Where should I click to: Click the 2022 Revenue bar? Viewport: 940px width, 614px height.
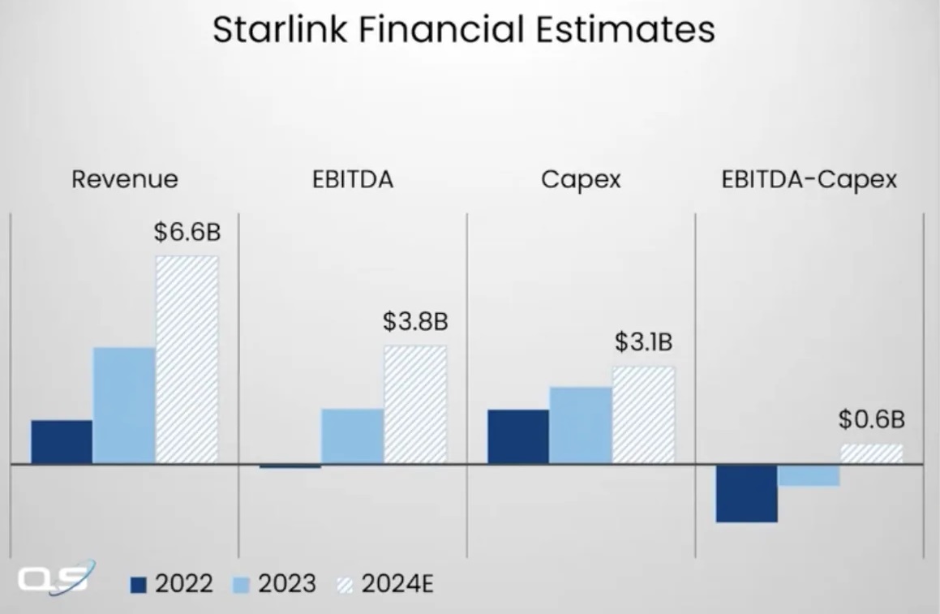(62, 442)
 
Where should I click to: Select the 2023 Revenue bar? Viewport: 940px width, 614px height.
(124, 406)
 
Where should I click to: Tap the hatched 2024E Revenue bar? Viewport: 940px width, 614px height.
(187, 360)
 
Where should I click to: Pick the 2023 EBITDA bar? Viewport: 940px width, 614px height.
(352, 436)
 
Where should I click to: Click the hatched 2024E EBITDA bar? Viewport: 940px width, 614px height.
(415, 405)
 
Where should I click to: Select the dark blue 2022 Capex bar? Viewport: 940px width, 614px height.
(517, 436)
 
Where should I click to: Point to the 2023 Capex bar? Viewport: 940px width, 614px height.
(581, 426)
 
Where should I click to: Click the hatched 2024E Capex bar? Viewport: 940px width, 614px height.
(643, 415)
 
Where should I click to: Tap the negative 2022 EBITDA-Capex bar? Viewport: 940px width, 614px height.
(746, 494)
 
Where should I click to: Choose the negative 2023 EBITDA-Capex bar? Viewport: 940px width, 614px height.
(809, 476)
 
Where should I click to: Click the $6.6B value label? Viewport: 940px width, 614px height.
(187, 233)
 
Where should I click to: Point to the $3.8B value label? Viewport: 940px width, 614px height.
(415, 321)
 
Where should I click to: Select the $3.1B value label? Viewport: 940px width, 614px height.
(643, 342)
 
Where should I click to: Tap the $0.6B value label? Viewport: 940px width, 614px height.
(871, 419)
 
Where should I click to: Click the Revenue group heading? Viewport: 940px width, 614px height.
(124, 179)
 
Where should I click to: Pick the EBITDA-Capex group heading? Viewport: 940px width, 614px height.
(809, 179)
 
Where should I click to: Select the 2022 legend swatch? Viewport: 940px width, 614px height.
(139, 584)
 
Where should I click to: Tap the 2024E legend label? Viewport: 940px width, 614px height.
(397, 584)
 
